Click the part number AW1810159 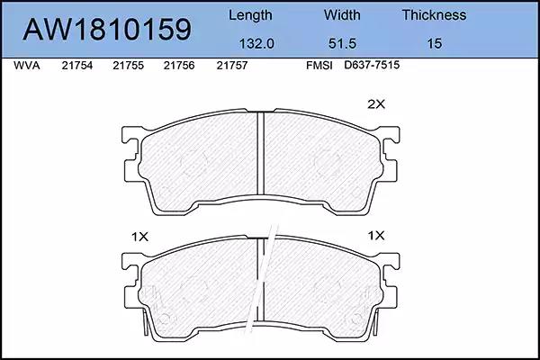[107, 30]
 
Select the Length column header [250, 16]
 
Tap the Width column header [342, 15]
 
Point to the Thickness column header [434, 15]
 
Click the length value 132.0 [256, 44]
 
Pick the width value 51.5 [342, 44]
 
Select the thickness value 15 [435, 44]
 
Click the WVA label [27, 66]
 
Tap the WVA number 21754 [77, 66]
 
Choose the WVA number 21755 [128, 66]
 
